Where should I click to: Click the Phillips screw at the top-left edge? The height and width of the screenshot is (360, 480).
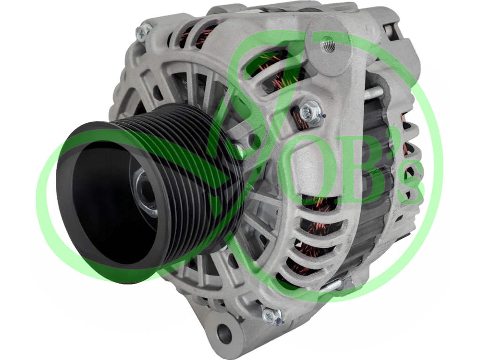click(143, 31)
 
